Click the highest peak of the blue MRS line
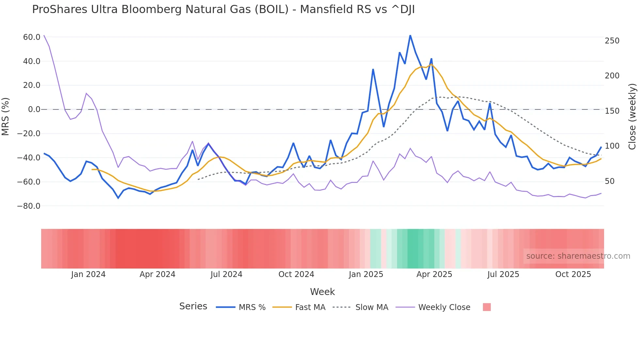click(410, 35)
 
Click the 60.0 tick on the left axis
click(32, 37)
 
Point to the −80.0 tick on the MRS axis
click(29, 206)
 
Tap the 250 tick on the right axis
click(612, 41)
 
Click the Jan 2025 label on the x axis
click(366, 274)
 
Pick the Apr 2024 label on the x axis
click(157, 274)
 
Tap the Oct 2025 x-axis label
click(573, 274)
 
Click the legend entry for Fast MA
click(310, 307)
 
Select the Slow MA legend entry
click(372, 307)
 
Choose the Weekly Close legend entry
click(444, 307)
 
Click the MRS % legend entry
click(252, 307)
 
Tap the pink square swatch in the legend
click(487, 307)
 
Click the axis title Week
click(322, 292)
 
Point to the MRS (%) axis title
click(6, 116)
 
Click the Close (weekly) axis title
click(632, 117)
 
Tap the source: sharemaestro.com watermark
click(578, 256)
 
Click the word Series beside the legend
click(193, 306)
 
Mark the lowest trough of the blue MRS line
click(118, 198)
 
